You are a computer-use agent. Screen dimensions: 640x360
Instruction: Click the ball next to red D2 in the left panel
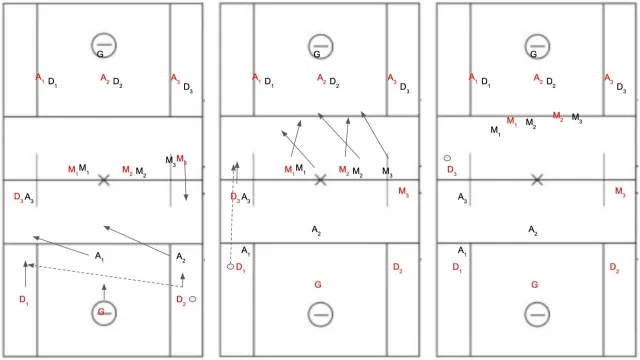click(193, 299)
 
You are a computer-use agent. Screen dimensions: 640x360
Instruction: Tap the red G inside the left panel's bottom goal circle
click(101, 312)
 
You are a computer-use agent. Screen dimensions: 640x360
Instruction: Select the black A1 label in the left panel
click(99, 256)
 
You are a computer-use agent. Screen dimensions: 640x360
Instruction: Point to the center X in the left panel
click(104, 180)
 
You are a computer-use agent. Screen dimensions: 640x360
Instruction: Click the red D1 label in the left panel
click(24, 300)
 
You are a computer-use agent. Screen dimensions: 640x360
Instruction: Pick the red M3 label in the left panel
click(182, 159)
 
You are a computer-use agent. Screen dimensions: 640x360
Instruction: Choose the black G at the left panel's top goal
click(100, 54)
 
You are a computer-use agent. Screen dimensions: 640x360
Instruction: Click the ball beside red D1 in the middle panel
click(231, 267)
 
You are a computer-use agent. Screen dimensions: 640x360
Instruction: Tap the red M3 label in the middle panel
click(404, 192)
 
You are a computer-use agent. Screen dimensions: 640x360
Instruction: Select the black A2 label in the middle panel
click(316, 230)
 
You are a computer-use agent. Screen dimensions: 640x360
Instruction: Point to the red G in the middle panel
click(318, 284)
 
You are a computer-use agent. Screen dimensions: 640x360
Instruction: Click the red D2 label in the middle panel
click(398, 267)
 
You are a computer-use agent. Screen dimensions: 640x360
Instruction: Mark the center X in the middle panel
click(320, 180)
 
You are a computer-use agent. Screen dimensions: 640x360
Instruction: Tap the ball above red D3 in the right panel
click(447, 158)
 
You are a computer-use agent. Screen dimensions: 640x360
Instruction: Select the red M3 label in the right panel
click(620, 192)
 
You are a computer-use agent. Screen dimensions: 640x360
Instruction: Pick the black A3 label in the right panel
click(462, 198)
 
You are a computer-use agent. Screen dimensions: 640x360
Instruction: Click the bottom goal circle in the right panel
click(537, 303)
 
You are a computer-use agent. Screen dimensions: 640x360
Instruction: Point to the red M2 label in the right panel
click(558, 116)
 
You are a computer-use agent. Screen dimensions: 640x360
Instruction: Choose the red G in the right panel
click(535, 284)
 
